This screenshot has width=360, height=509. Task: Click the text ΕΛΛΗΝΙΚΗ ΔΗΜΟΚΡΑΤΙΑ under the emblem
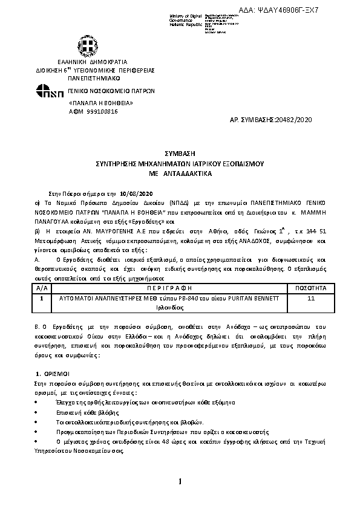(84, 62)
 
